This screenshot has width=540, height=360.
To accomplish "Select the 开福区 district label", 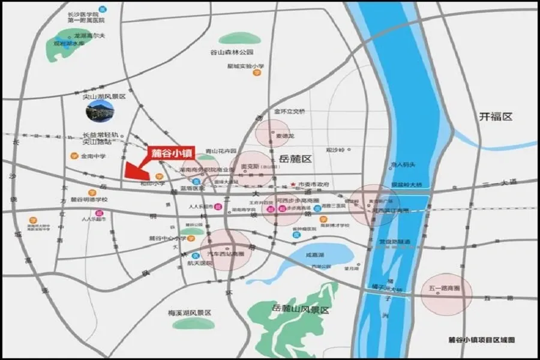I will tap(496, 117).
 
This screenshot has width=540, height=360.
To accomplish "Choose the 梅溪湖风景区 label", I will tap(189, 313).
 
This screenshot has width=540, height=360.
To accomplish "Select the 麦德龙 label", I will tap(284, 136).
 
